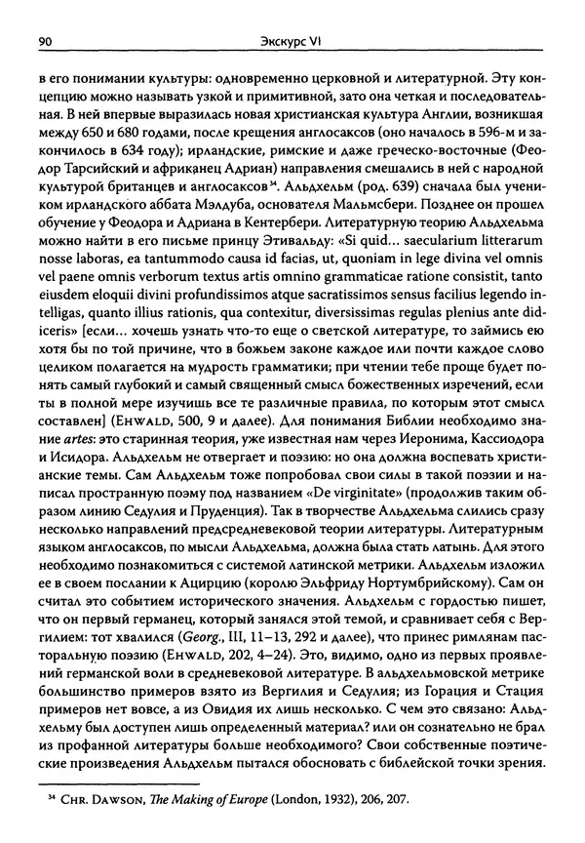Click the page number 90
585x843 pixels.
pos(44,41)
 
